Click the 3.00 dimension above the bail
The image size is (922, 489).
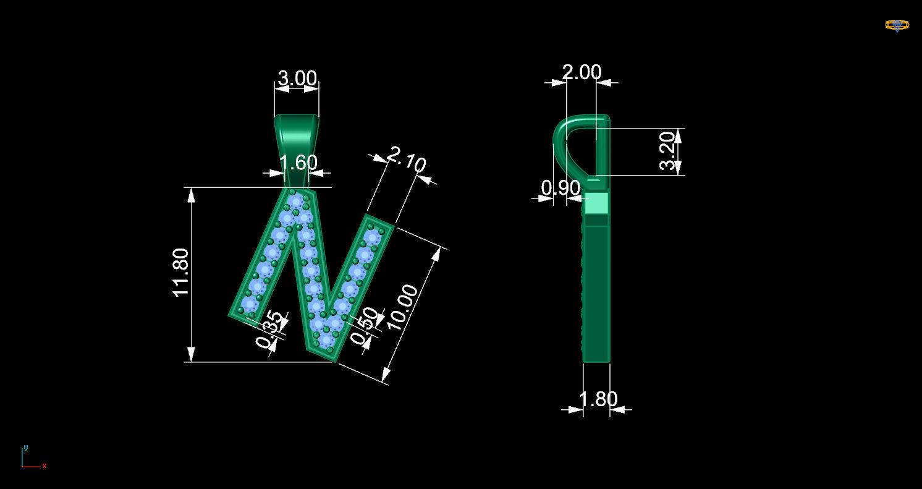click(x=297, y=79)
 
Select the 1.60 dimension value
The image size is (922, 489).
click(x=298, y=163)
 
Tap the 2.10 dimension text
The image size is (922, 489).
click(x=406, y=159)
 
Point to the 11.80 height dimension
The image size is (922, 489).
click(x=180, y=273)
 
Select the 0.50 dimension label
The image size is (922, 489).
click(x=364, y=326)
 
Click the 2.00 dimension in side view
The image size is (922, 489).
click(x=582, y=72)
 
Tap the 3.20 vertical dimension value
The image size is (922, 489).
click(x=668, y=151)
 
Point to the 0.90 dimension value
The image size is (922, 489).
click(x=560, y=188)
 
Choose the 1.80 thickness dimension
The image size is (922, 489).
click(x=598, y=399)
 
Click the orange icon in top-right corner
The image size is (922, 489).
click(x=897, y=25)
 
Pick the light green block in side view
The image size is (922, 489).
click(x=596, y=203)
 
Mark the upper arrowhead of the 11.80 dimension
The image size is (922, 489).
click(x=192, y=195)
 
